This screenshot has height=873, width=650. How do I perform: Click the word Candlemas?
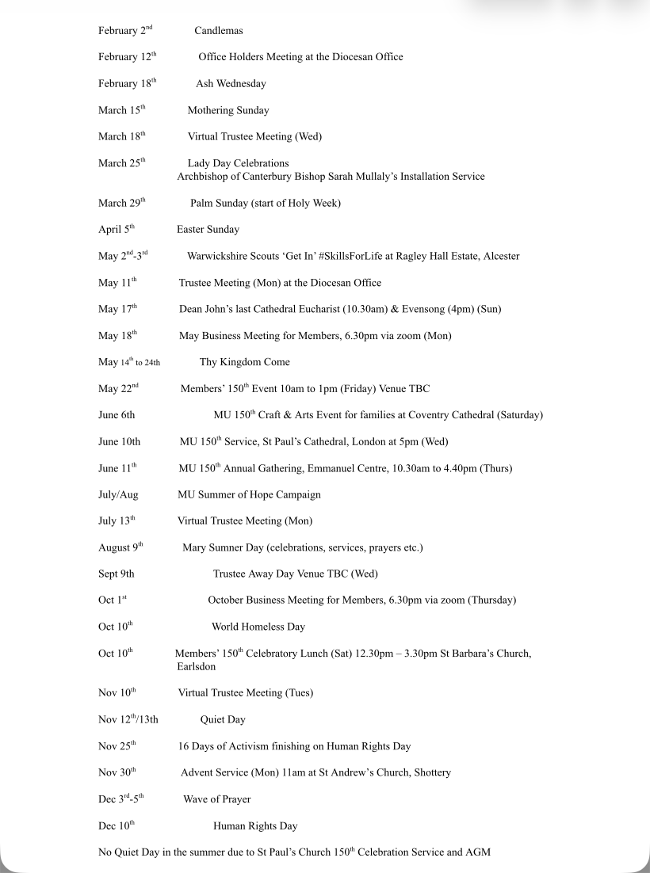[218, 31]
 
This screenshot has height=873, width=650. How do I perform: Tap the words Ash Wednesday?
[231, 84]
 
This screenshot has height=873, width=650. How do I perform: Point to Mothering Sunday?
[228, 110]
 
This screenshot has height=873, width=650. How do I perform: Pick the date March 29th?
[121, 203]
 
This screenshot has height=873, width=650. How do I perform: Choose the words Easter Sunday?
[208, 230]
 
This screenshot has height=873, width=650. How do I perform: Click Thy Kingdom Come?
[244, 362]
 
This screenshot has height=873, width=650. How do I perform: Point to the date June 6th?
[117, 415]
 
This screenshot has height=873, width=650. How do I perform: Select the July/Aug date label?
[118, 494]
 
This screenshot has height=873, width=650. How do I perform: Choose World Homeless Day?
[258, 627]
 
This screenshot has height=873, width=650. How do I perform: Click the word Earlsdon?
[196, 667]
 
